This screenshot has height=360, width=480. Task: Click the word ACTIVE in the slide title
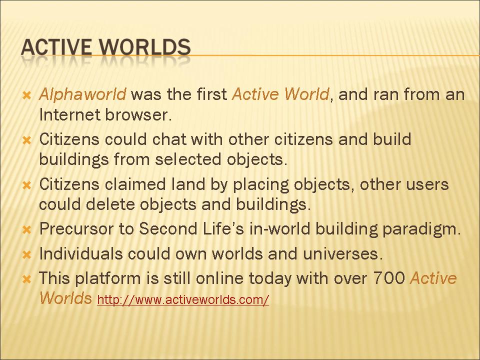point(56,47)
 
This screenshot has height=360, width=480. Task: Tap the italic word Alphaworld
point(82,94)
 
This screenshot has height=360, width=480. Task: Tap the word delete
point(110,204)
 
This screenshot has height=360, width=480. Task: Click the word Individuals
point(81,253)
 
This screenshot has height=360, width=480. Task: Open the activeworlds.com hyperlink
point(183,299)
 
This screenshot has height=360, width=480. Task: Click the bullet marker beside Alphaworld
point(27,95)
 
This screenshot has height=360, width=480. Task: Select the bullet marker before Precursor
point(27,230)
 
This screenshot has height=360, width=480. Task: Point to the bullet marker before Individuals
point(27,254)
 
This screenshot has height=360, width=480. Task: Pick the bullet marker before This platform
point(27,279)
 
